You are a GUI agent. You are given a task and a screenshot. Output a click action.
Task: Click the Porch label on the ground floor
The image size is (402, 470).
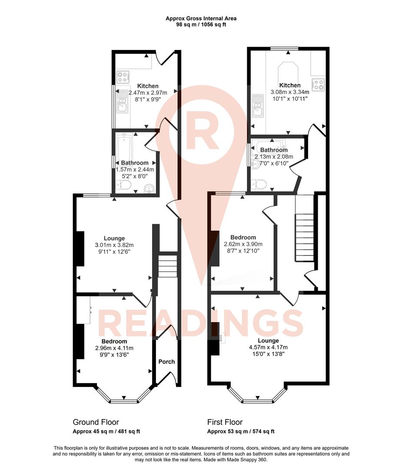(166, 362)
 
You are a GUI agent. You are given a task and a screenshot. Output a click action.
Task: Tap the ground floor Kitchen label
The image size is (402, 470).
(148, 86)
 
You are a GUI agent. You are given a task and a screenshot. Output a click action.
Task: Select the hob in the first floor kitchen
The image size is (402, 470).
(318, 84)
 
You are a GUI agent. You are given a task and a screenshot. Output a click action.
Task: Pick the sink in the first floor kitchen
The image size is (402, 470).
(258, 107)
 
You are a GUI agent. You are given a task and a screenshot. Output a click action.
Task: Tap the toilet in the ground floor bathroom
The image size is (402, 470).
(124, 186)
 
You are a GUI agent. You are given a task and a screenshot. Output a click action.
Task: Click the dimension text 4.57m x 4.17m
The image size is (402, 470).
(268, 347)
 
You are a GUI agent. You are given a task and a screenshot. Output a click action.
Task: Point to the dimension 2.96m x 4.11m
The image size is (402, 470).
(114, 348)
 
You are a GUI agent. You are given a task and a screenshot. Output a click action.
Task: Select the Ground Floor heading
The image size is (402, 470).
(96, 422)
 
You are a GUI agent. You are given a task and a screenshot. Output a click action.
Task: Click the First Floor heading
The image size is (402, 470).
(225, 422)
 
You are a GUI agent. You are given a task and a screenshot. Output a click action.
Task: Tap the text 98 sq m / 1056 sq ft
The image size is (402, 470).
(201, 25)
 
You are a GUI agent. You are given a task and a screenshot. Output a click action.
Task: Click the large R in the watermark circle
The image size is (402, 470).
(201, 131)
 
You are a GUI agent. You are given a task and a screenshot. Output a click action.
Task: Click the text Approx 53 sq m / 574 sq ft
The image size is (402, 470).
(240, 432)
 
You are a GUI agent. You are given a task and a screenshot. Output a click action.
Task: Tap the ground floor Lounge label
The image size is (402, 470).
(114, 238)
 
